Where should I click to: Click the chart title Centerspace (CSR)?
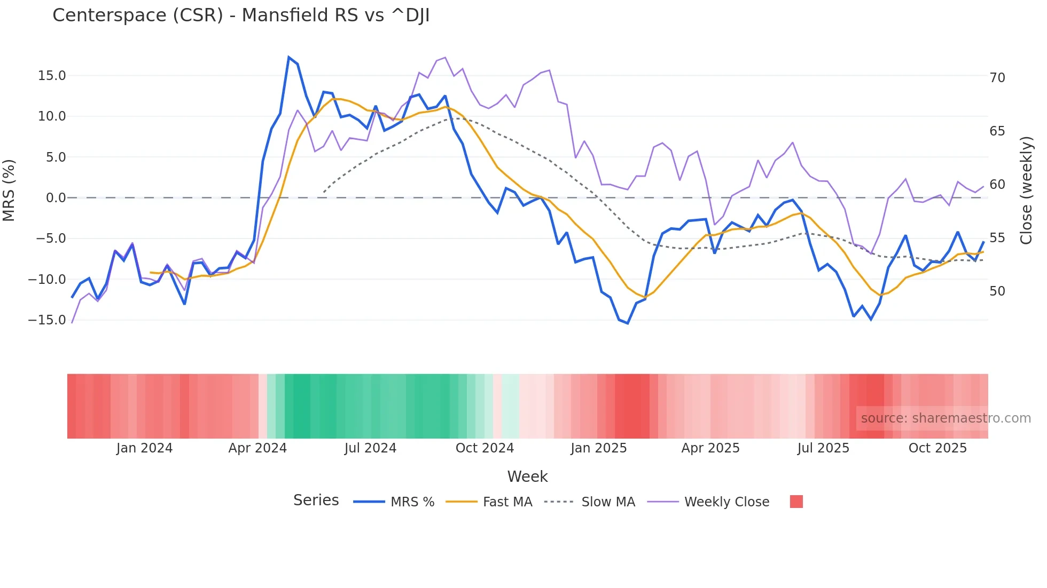click(x=240, y=15)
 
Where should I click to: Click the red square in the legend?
click(x=796, y=502)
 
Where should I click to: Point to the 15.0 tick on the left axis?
click(x=52, y=76)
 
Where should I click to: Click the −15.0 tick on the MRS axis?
click(x=47, y=320)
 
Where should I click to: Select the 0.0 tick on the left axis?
click(x=56, y=198)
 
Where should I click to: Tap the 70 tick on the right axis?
click(x=997, y=78)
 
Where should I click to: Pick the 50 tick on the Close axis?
click(x=997, y=291)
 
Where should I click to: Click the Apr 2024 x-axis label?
click(x=257, y=448)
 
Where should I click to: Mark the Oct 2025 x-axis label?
click(x=937, y=448)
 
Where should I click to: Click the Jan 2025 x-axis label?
click(x=598, y=448)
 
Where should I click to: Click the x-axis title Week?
click(x=527, y=476)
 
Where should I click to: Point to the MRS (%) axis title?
click(x=9, y=190)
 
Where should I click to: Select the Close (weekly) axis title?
click(x=1026, y=190)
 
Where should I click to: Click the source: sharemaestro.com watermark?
click(x=946, y=418)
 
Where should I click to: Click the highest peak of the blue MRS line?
click(x=288, y=57)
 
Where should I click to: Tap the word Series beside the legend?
click(x=316, y=500)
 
